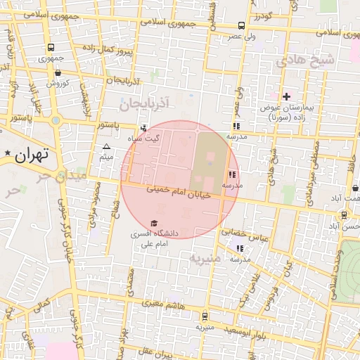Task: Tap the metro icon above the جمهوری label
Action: (51, 48)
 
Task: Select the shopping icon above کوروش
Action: (57, 72)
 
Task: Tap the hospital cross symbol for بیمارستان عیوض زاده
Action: (285, 96)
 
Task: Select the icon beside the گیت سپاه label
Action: (144, 128)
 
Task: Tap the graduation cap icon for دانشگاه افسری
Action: (154, 223)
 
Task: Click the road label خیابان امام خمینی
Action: (179, 191)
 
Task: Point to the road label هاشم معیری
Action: (163, 304)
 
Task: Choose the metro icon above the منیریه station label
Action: (205, 316)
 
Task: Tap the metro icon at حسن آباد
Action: (344, 215)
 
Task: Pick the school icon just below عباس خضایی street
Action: (240, 248)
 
